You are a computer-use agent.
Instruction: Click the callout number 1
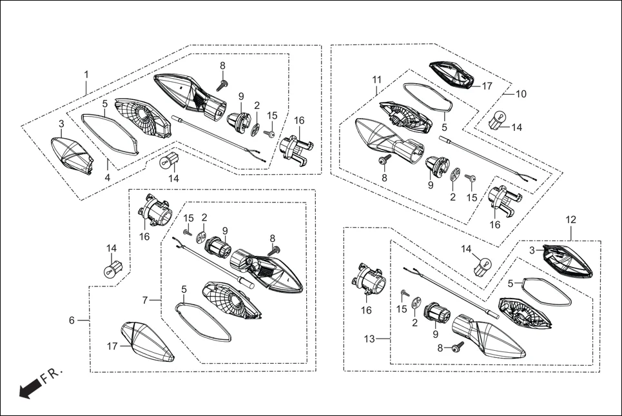tap(86, 75)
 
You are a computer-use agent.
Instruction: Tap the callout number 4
tap(108, 177)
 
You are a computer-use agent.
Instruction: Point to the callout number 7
tap(146, 300)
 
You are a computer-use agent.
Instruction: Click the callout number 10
tap(520, 94)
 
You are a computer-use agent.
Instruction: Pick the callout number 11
tap(377, 80)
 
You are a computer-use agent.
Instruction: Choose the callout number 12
tap(571, 219)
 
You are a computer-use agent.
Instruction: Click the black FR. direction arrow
tap(30, 388)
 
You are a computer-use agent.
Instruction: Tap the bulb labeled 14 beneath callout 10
tap(498, 121)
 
